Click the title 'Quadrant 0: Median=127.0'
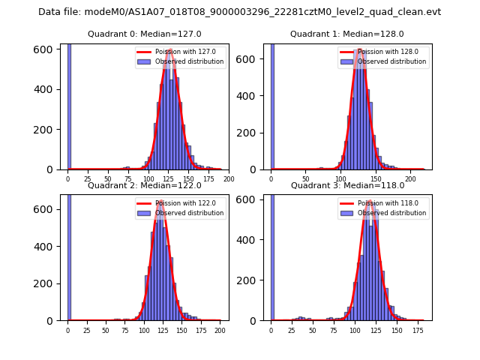(x=145, y=34)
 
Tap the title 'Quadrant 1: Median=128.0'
(x=347, y=34)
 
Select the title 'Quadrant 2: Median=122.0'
(x=145, y=185)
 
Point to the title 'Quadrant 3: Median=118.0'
(x=347, y=185)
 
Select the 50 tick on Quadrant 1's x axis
(x=306, y=179)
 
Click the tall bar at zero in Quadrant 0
(x=69, y=105)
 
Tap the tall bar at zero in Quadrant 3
(x=271, y=255)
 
